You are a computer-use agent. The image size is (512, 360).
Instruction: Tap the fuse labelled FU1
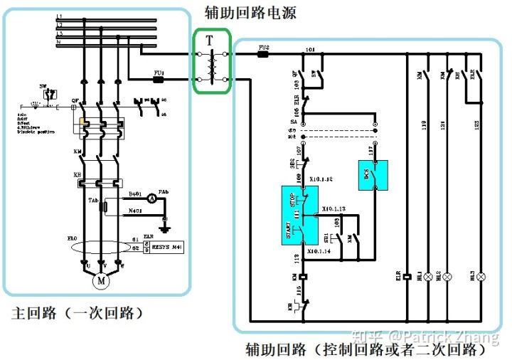[159, 80]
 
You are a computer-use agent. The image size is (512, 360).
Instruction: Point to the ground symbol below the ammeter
[165, 227]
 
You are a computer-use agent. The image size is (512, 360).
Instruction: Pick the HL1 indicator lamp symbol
[428, 276]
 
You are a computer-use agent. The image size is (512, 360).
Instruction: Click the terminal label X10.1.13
[334, 208]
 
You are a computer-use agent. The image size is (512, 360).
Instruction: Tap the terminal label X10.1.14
[321, 252]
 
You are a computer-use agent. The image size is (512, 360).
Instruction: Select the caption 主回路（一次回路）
[78, 314]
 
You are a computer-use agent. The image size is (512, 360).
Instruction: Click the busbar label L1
[60, 16]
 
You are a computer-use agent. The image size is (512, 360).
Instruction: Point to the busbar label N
[60, 42]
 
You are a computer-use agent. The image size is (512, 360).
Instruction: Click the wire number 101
[310, 50]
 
